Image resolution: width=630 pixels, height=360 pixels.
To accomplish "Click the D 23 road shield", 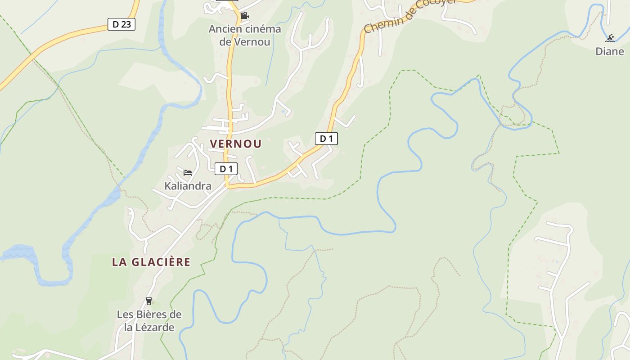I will [121, 24].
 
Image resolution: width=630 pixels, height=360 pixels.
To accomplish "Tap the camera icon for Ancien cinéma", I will [244, 16].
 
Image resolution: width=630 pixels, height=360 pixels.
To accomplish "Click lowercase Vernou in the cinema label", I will [252, 42].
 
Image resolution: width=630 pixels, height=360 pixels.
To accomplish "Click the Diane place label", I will [610, 51].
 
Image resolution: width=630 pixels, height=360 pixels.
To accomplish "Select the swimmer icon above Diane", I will [610, 38].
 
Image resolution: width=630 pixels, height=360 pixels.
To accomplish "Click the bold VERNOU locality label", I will [236, 144].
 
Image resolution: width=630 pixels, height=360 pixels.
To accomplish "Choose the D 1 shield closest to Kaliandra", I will [226, 169].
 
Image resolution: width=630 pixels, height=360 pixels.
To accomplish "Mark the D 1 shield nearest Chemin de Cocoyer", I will [326, 139].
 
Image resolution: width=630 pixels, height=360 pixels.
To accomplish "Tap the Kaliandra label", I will [188, 186].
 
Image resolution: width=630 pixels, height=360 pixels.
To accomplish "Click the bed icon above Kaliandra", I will [188, 172].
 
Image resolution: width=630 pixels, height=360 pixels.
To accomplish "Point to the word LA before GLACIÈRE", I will [119, 262].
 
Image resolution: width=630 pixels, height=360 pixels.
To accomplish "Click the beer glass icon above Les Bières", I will [149, 301].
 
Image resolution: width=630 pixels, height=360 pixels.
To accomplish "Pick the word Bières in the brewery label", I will [153, 315].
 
